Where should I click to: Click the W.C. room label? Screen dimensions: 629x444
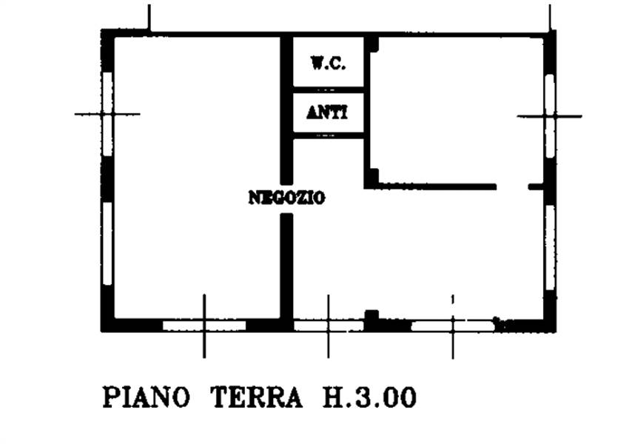pyautogui.click(x=328, y=64)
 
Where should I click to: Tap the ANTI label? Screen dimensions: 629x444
pyautogui.click(x=327, y=112)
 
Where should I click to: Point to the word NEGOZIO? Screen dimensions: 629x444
pyautogui.click(x=287, y=198)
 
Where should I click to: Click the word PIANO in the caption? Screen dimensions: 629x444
pyautogui.click(x=146, y=397)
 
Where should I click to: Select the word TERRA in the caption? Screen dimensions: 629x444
pyautogui.click(x=257, y=397)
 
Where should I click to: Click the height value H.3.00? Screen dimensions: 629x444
pyautogui.click(x=370, y=397)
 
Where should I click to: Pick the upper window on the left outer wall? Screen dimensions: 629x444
pyautogui.click(x=107, y=113)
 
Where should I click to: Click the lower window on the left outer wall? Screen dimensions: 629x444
pyautogui.click(x=107, y=243)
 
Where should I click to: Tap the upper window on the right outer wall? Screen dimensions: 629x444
pyautogui.click(x=550, y=116)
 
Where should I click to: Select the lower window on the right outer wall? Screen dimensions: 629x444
pyautogui.click(x=550, y=247)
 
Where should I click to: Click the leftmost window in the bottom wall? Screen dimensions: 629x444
pyautogui.click(x=204, y=326)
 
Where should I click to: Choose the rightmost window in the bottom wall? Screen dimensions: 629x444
pyautogui.click(x=453, y=326)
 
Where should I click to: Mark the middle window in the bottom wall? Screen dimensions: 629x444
pyautogui.click(x=329, y=326)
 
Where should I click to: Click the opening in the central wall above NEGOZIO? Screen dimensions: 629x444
pyautogui.click(x=286, y=198)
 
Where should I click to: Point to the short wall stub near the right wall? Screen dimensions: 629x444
pyautogui.click(x=536, y=187)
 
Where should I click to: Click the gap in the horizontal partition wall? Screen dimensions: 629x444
pyautogui.click(x=512, y=187)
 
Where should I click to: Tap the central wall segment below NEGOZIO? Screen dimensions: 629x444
pyautogui.click(x=286, y=266)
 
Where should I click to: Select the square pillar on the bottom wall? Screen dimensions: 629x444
pyautogui.click(x=371, y=317)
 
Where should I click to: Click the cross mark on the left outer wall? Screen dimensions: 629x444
pyautogui.click(x=107, y=114)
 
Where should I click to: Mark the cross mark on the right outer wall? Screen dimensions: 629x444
pyautogui.click(x=550, y=116)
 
